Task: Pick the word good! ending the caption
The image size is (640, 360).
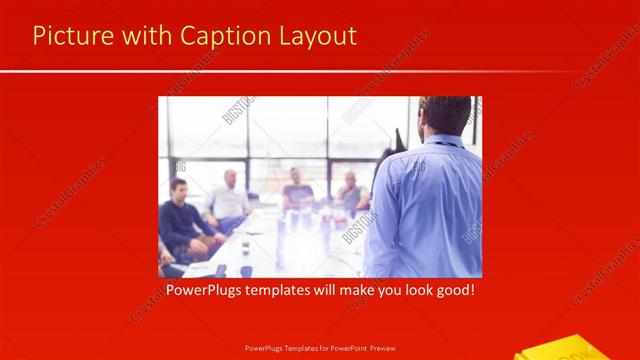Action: tap(452, 292)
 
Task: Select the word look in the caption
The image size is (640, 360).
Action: tap(406, 292)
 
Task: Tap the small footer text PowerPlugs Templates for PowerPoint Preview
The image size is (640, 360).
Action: tap(320, 349)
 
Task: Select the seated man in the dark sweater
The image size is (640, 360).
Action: tap(180, 220)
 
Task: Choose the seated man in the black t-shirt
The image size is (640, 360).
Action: tap(297, 190)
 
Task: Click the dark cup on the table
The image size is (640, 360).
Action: tap(246, 271)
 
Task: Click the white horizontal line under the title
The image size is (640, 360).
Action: tap(320, 71)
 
